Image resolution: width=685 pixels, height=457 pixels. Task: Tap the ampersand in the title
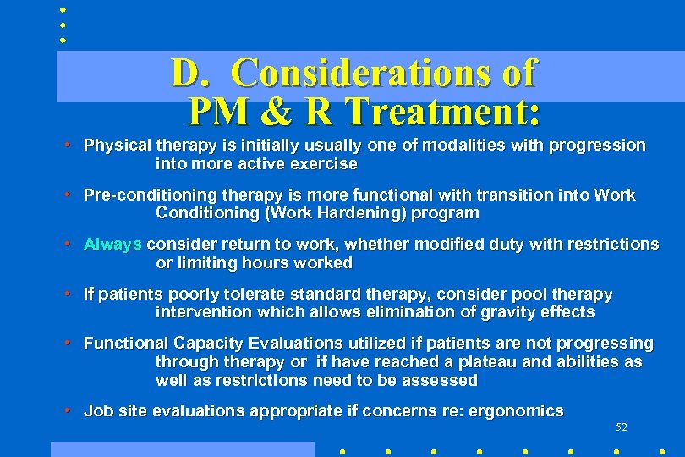coord(276,111)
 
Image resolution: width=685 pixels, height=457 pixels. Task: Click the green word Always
coord(112,244)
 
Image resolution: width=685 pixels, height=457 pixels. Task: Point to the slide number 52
coord(622,427)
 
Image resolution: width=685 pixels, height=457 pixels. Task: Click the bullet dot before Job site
coord(66,411)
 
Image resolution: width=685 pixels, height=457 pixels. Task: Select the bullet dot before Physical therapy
coord(66,146)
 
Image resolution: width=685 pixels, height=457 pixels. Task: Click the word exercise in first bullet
coord(325,163)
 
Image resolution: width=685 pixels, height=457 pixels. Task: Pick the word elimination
coord(389,312)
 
